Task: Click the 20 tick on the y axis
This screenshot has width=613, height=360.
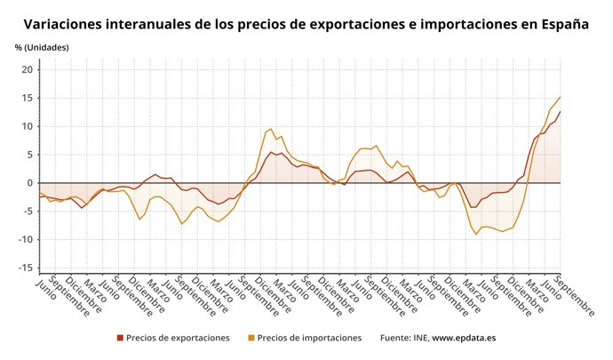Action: coord(27,69)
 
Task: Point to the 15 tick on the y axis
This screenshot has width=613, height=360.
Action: coord(27,98)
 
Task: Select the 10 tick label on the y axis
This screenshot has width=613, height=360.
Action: coord(27,126)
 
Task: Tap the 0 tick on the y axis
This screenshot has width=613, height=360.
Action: coord(29,183)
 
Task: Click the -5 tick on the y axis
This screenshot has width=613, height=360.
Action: coord(27,212)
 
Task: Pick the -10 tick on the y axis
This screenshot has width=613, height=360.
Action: coord(24,240)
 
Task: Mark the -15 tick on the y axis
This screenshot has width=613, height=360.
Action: coord(24,268)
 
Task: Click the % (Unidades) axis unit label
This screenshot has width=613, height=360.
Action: coord(42,47)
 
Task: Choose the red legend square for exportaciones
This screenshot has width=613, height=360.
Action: coord(120,338)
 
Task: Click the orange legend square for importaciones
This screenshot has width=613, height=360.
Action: coord(251,338)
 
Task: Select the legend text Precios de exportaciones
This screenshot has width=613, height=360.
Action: coord(178,338)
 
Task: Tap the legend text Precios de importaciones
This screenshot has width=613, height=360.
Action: coord(309,338)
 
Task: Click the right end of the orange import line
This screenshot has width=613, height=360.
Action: coord(561,97)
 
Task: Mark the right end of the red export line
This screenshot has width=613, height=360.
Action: coord(561,111)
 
